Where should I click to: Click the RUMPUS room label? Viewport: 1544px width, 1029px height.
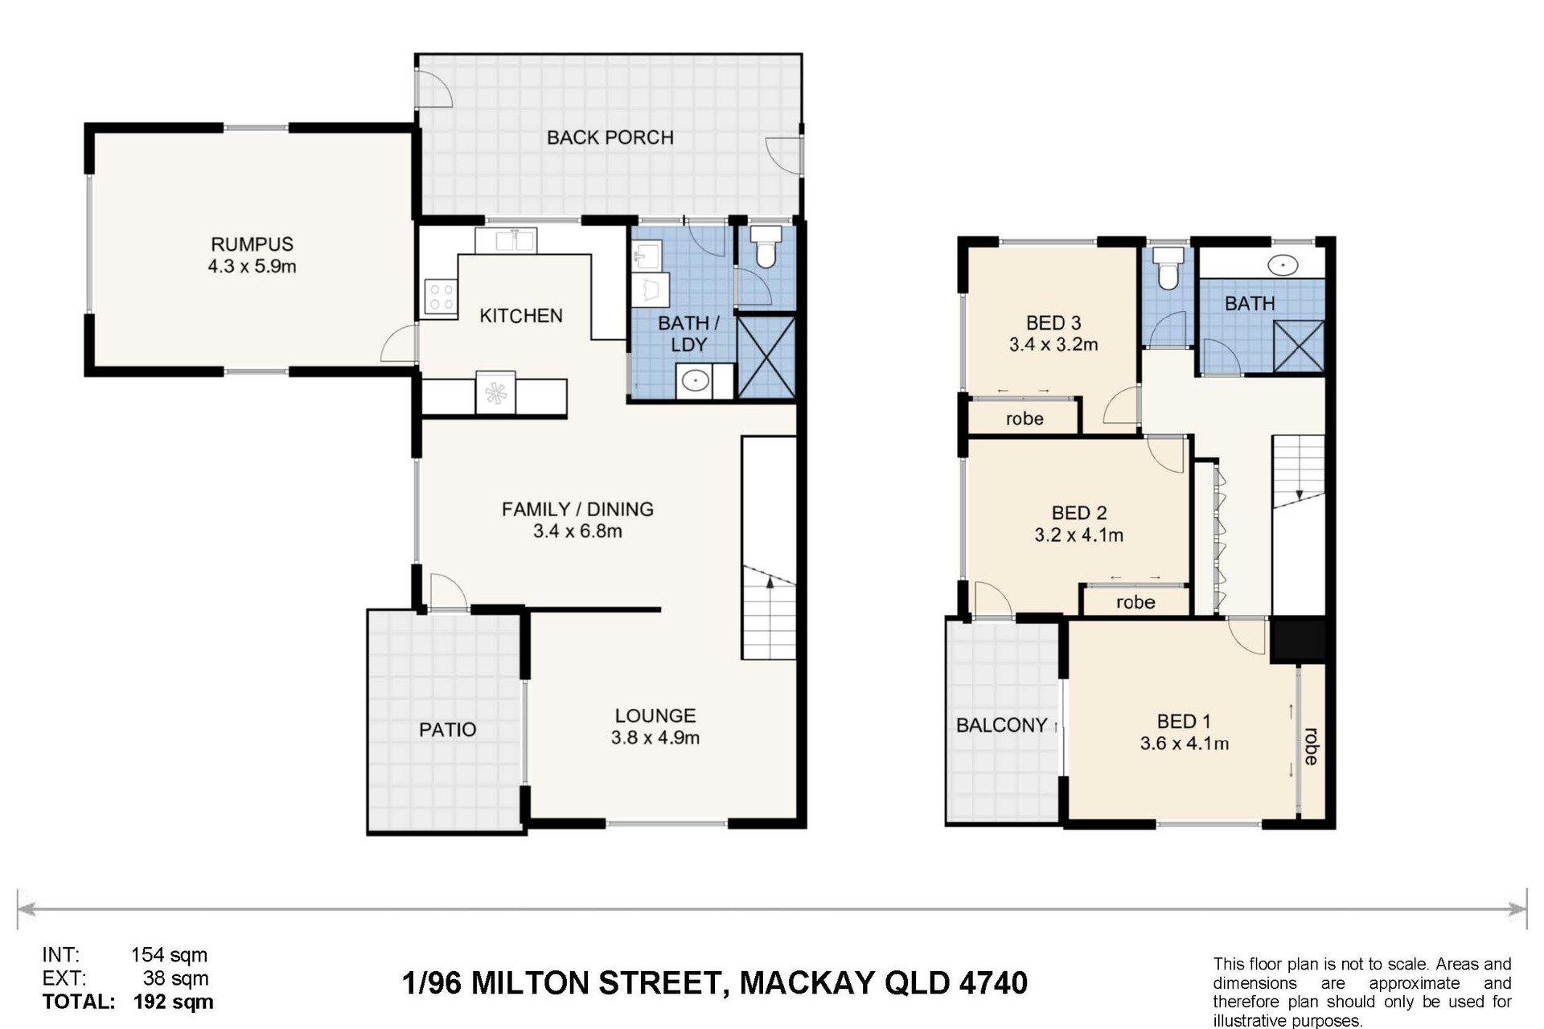tap(252, 244)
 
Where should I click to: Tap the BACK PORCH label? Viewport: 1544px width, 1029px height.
tap(610, 137)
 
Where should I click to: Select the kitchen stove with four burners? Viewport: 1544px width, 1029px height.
tap(441, 297)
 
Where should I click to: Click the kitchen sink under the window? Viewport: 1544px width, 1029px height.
tap(506, 240)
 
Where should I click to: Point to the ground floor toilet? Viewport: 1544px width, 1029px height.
tap(766, 246)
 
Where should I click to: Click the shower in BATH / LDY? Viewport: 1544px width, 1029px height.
tap(766, 357)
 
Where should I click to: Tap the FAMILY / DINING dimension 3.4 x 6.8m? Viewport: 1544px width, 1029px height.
tap(577, 531)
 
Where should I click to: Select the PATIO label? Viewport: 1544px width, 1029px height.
tap(448, 730)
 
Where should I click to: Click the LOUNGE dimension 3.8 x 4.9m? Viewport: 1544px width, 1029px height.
tap(655, 737)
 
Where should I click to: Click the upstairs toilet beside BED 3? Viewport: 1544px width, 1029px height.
tap(1167, 268)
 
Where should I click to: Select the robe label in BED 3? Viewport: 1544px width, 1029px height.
tap(1025, 419)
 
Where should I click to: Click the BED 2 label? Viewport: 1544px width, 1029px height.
tap(1079, 513)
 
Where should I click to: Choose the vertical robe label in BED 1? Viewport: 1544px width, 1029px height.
tap(1311, 746)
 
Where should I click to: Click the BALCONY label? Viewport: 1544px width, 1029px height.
tap(1001, 725)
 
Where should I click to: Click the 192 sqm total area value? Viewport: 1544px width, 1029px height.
tap(174, 1002)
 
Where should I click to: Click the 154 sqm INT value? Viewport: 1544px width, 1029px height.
tap(169, 955)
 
